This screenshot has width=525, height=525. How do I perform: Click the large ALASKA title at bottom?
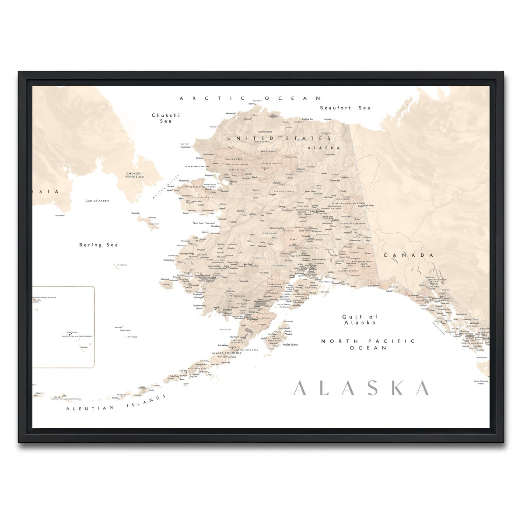361,388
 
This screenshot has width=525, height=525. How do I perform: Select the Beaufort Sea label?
345,108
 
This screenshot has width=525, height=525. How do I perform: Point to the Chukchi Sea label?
166,118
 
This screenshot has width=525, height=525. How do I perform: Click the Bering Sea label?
98,245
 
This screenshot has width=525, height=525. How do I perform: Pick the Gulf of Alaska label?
360,319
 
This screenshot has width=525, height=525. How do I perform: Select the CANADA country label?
409,255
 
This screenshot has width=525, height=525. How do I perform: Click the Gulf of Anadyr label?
97,201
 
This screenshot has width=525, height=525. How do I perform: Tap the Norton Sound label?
204,223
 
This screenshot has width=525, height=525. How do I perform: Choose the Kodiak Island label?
290,345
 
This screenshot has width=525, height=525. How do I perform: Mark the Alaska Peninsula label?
227,353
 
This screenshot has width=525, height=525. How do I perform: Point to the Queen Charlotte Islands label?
481,382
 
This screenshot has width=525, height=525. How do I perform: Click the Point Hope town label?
185,147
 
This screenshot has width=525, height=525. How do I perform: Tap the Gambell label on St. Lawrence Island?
135,213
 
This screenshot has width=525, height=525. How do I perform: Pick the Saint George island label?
132,337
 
